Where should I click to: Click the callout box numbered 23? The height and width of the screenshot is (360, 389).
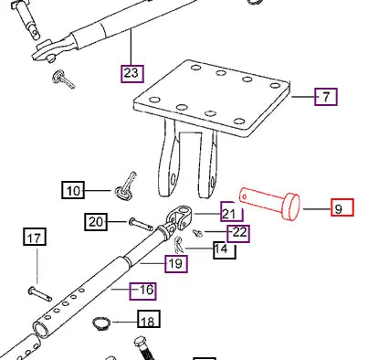click(132, 70)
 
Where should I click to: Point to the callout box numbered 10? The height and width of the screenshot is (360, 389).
click(73, 190)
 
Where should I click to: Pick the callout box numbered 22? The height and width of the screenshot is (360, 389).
click(238, 232)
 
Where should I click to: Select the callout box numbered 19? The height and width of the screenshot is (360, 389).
click(176, 264)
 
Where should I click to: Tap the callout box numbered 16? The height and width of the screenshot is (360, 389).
click(144, 291)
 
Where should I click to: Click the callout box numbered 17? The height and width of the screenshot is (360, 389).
click(34, 239)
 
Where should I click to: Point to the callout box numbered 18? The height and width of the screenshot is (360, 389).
click(147, 320)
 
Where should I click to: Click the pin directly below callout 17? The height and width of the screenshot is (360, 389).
click(39, 292)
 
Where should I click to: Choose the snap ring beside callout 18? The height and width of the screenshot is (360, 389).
click(103, 323)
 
